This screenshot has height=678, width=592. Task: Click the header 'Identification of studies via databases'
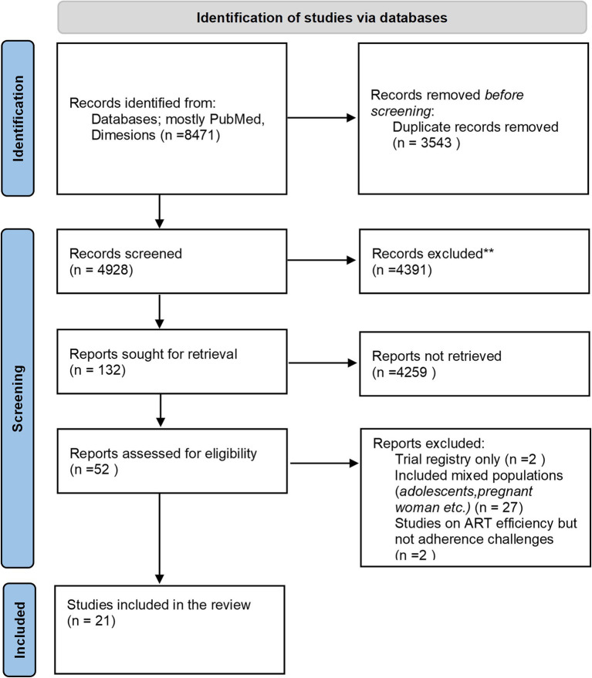(322, 18)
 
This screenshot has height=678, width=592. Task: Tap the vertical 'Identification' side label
(19, 119)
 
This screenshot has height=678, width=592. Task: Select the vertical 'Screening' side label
(18, 398)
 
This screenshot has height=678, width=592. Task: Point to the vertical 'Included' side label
(19, 630)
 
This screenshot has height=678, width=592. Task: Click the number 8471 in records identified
(199, 135)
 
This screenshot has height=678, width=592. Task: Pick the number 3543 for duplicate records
(436, 143)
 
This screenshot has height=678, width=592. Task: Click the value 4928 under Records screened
(113, 270)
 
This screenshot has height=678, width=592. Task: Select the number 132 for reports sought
(109, 370)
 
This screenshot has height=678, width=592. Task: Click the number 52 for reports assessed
(101, 469)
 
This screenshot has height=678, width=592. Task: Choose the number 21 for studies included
(103, 621)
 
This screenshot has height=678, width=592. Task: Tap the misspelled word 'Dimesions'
(123, 135)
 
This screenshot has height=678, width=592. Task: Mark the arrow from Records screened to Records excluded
(321, 260)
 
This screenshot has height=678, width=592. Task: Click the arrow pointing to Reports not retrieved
(323, 363)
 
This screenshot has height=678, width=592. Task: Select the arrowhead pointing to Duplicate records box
(351, 117)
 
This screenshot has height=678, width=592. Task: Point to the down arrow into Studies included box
(160, 538)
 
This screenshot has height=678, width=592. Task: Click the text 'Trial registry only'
(448, 459)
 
